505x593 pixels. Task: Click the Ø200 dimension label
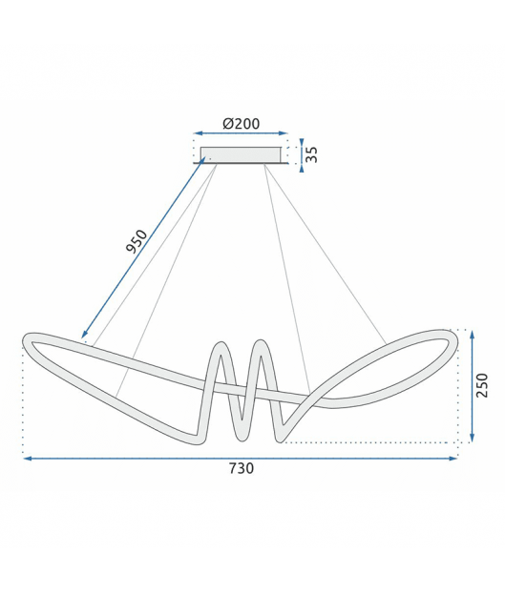242,124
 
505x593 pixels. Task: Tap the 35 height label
311,154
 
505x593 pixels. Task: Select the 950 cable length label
137,241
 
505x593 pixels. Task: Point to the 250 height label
482,385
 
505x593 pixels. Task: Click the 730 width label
242,468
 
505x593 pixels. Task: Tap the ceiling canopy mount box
241,155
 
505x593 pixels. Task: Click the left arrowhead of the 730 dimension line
28,459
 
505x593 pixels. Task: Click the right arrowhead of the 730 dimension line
453,459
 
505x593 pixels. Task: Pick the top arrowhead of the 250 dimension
472,335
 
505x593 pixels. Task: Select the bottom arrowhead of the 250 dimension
472,438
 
